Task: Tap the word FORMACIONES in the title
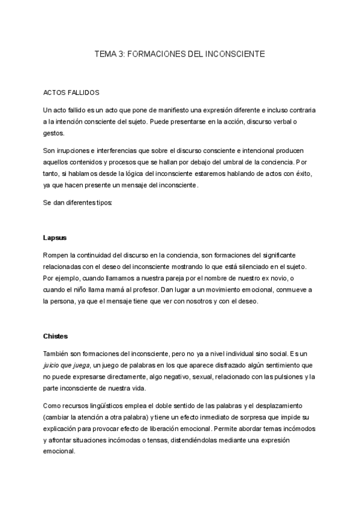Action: point(157,54)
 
